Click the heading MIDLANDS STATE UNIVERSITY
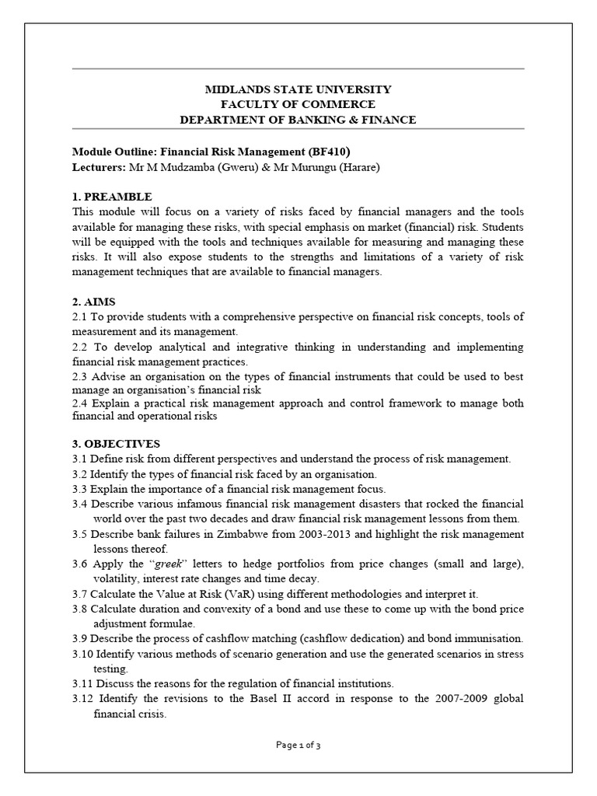pyautogui.click(x=298, y=89)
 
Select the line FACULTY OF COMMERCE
pyautogui.click(x=298, y=104)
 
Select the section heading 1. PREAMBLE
pyautogui.click(x=112, y=196)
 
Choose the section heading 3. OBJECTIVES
pyautogui.click(x=116, y=444)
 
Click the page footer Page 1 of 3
pyautogui.click(x=298, y=745)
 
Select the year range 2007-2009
pyautogui.click(x=447, y=698)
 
